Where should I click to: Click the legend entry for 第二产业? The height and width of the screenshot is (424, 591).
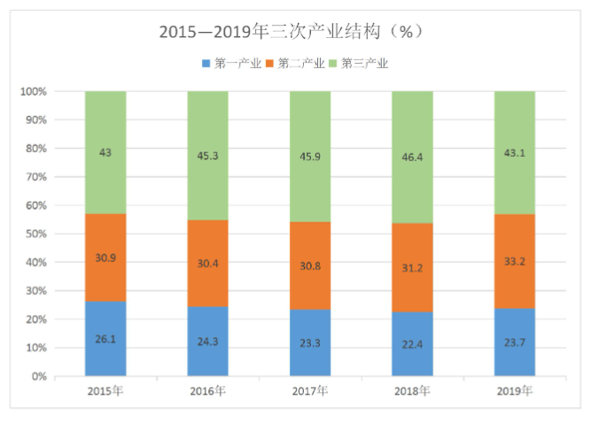coord(300,63)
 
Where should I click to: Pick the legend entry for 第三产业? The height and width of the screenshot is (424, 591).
coord(364,63)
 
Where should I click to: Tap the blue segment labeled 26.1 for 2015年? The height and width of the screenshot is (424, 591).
coord(105,338)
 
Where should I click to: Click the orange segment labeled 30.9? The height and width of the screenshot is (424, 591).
coord(105,258)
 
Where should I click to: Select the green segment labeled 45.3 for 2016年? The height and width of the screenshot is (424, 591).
coord(207,156)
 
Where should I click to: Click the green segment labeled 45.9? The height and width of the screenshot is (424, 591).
coord(310,157)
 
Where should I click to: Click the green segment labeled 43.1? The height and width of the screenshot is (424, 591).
coord(515,152)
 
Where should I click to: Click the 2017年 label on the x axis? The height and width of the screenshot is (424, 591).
coord(310,390)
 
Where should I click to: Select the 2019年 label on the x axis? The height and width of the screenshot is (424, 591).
coord(515,390)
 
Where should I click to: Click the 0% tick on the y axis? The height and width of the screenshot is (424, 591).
coord(38,376)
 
